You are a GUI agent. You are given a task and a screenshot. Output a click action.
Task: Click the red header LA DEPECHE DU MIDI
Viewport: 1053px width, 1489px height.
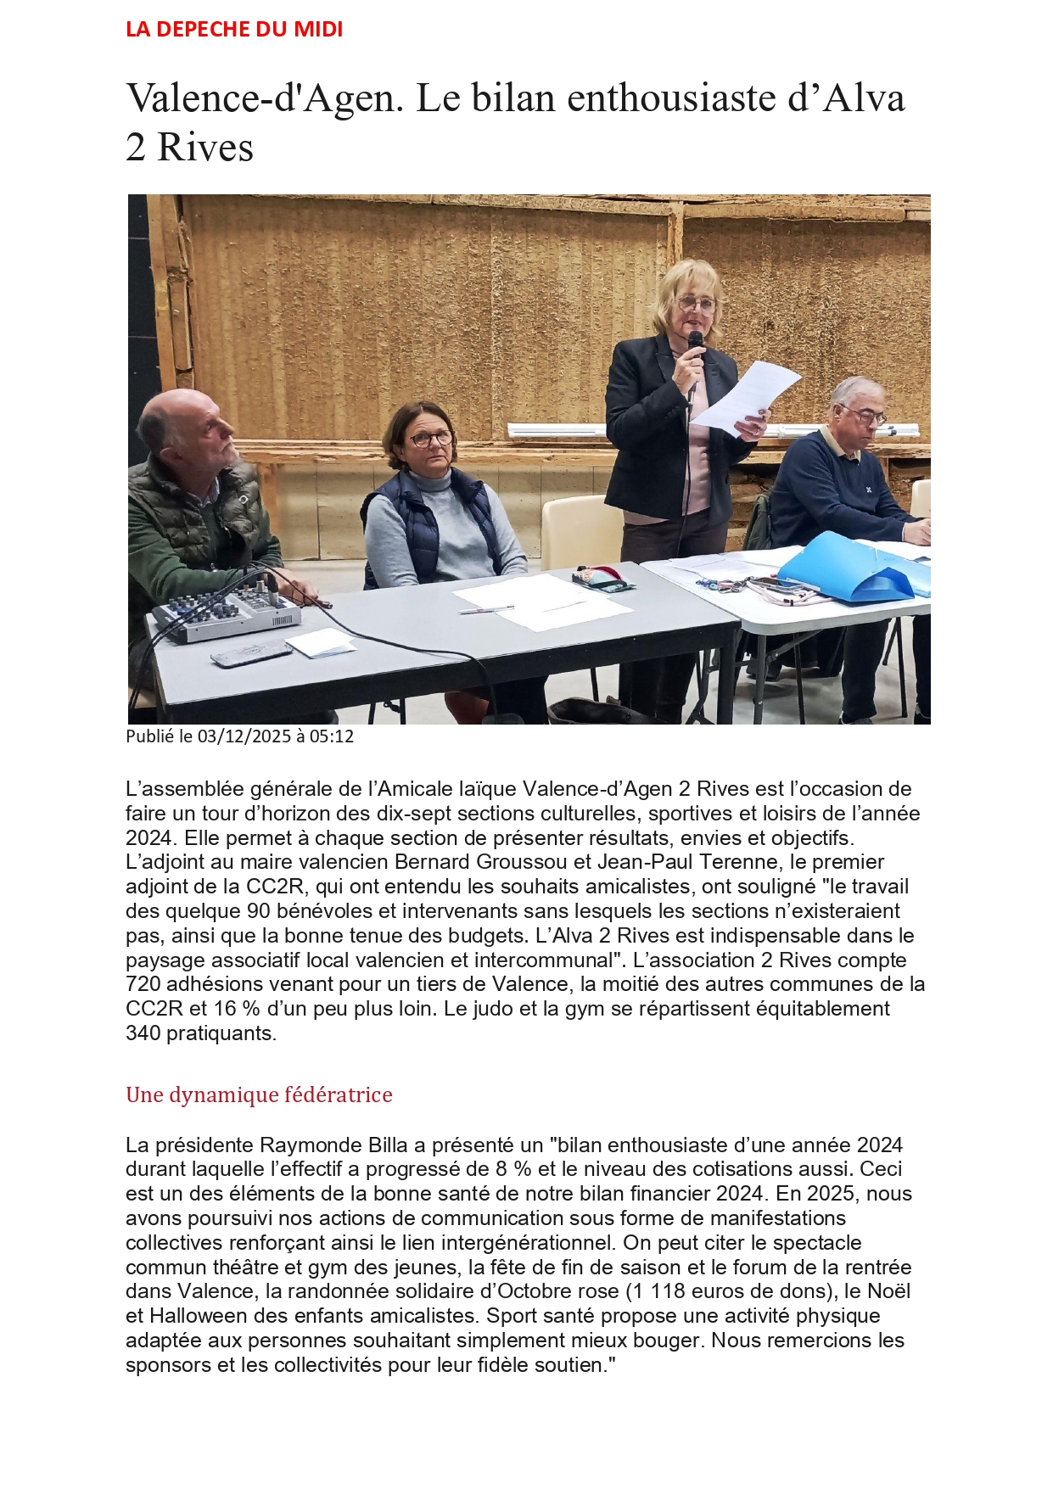pyautogui.click(x=234, y=30)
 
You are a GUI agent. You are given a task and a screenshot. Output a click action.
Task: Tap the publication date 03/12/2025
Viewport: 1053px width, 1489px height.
pyautogui.click(x=244, y=736)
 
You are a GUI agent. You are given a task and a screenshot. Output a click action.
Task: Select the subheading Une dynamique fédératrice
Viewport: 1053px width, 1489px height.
pyautogui.click(x=259, y=1094)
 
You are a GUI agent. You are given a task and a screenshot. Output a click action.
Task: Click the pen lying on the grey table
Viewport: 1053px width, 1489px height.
pyautogui.click(x=486, y=608)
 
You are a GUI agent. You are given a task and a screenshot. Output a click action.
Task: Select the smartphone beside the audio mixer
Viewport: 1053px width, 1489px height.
pyautogui.click(x=251, y=653)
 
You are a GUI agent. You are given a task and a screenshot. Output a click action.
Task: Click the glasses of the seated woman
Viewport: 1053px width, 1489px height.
pyautogui.click(x=431, y=439)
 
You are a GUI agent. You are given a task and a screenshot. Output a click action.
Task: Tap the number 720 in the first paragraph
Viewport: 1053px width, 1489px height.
pyautogui.click(x=143, y=984)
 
